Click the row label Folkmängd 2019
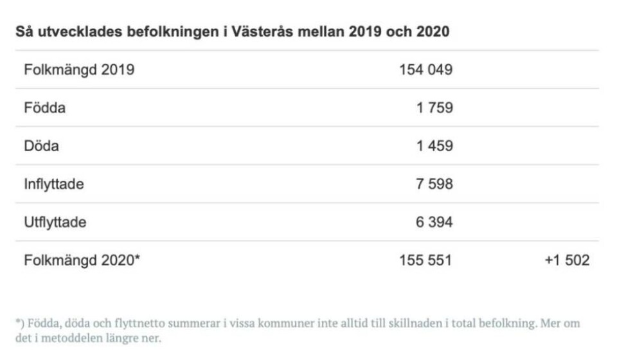point(79,70)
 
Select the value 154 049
point(426,70)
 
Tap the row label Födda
point(44,108)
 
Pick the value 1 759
point(434,108)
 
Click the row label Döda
point(41,146)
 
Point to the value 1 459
point(434,146)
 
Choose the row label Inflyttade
point(54,184)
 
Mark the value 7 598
point(434,184)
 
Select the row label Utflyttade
point(55,222)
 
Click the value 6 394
point(434,222)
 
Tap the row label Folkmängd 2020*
point(82,260)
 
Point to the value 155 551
point(426,260)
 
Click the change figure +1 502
point(566,260)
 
